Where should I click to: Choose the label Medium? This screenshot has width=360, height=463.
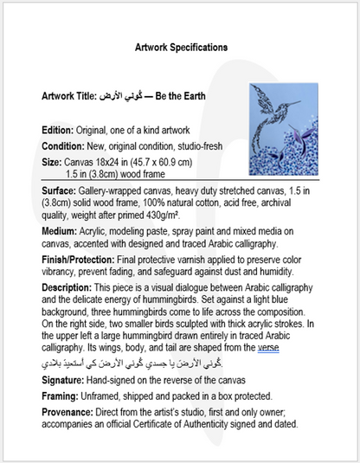61,233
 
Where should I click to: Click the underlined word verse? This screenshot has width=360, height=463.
268,348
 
